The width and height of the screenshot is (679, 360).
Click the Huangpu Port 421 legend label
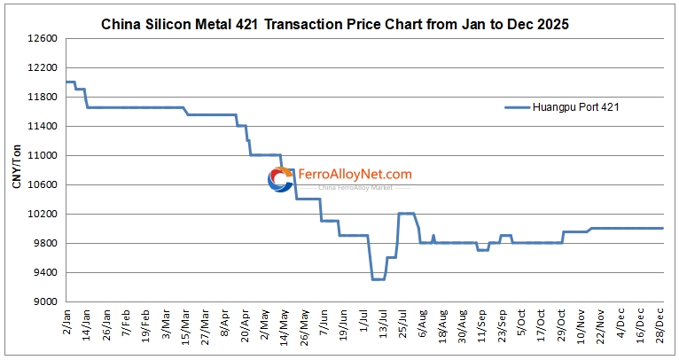574,107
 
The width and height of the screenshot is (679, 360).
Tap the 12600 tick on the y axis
41,39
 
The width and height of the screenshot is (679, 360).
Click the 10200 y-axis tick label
41,214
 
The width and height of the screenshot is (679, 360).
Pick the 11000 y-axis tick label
41,156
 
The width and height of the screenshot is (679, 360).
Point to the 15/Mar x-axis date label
185,326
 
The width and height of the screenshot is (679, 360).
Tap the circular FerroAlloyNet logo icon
281,180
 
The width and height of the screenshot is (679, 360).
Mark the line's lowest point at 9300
378,279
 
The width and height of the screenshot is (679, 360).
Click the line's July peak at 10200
406,214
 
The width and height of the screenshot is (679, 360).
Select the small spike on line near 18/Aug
433,236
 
